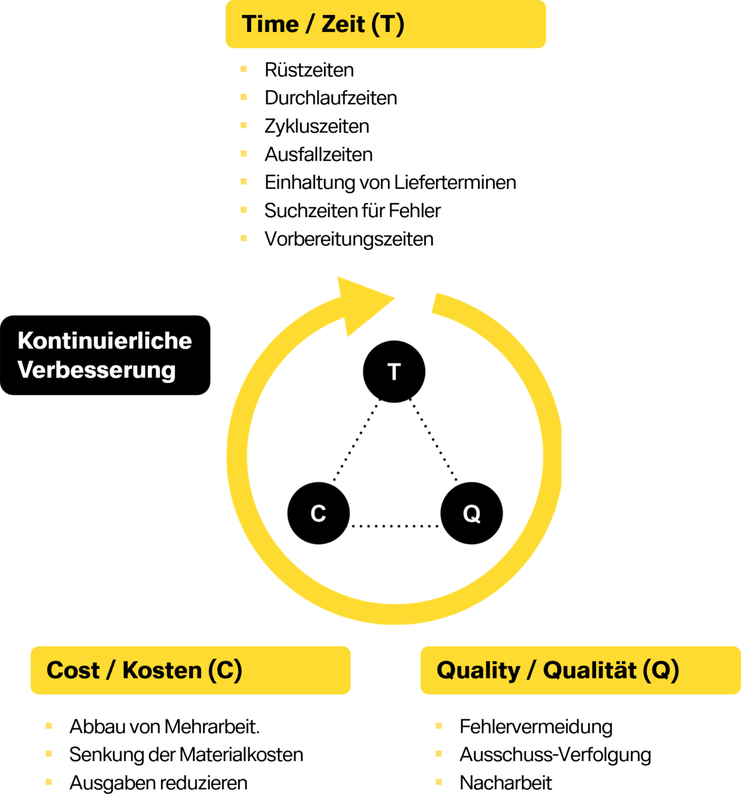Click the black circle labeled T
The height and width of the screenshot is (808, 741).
(x=394, y=372)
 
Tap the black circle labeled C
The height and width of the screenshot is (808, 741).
(x=318, y=513)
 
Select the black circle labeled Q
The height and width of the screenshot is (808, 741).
(x=471, y=513)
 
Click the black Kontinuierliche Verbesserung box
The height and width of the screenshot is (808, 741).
(x=105, y=355)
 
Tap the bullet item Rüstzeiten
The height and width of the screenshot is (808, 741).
(x=309, y=70)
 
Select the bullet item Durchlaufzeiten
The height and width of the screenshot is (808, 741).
(x=331, y=98)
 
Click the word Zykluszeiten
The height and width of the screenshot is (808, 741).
(x=317, y=127)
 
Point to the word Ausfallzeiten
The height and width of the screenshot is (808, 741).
(x=318, y=155)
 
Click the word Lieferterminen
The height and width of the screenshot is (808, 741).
(x=456, y=182)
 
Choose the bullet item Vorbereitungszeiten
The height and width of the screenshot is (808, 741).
(x=349, y=239)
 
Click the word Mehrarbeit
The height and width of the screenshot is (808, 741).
(x=212, y=726)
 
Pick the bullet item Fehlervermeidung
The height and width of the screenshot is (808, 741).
(x=536, y=727)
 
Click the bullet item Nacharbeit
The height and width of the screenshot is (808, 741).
(x=506, y=783)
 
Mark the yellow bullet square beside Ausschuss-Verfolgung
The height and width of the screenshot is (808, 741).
(x=439, y=754)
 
